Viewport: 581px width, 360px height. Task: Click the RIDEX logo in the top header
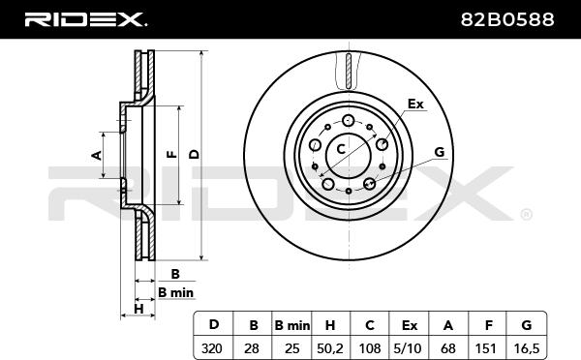coord(85,18)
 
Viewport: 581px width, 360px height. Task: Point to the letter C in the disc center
coord(341,148)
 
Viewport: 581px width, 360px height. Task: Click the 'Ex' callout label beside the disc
coord(415,104)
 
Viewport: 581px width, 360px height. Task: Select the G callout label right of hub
coord(439,152)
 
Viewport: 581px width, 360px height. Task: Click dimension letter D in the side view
coord(194,153)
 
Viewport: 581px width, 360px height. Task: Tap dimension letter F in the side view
coord(169,154)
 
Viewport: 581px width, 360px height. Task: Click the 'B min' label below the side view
coord(175,292)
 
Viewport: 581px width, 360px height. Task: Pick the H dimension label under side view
coord(138,308)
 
